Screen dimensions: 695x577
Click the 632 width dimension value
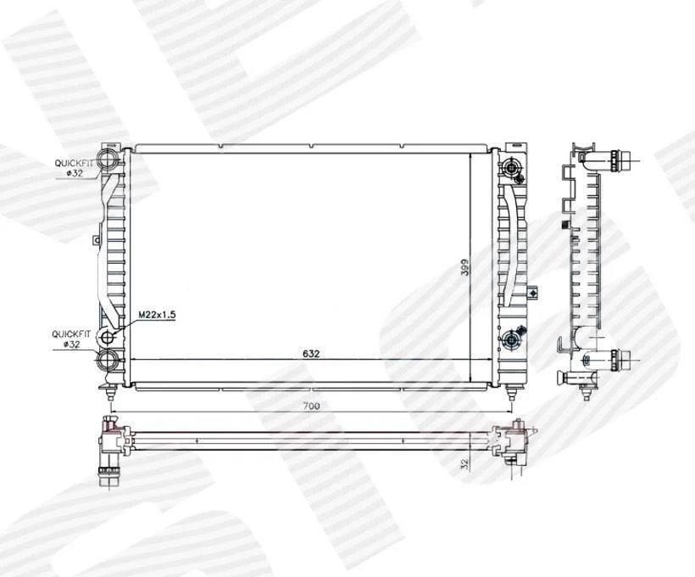[311, 354]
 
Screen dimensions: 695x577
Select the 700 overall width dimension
[311, 406]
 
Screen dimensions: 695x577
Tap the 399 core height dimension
[465, 267]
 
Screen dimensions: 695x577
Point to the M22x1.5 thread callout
[157, 315]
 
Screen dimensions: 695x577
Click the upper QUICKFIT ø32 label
[74, 168]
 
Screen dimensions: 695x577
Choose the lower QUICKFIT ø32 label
[71, 339]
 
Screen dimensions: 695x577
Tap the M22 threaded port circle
[108, 339]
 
